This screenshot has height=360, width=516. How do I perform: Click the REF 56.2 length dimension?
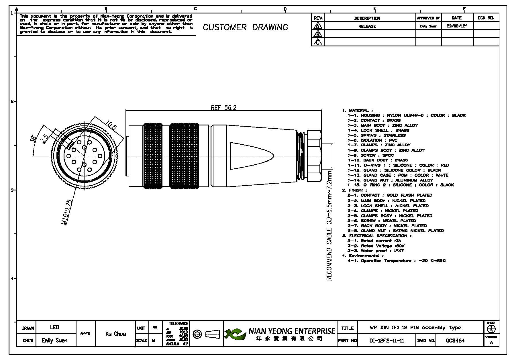point(223,108)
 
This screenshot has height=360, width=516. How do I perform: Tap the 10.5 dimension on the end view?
point(111,125)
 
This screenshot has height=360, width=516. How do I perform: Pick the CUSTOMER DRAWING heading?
point(245,27)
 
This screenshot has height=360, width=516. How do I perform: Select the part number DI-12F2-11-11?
point(386,341)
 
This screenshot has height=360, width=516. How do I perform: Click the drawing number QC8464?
point(455,341)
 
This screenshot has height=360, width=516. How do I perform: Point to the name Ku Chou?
point(115,334)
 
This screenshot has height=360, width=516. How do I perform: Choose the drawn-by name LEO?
point(54,327)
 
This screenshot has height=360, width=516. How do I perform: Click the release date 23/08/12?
point(457,26)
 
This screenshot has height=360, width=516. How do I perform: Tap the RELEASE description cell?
point(367,26)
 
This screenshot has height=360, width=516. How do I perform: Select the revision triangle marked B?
point(317,34)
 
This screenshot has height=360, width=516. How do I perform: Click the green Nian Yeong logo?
point(235,334)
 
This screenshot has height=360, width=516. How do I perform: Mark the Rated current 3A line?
point(374,241)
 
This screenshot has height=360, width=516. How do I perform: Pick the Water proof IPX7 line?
point(375,251)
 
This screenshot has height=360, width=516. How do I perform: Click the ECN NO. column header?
point(486,18)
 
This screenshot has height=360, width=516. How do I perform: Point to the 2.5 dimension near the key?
point(45,139)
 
